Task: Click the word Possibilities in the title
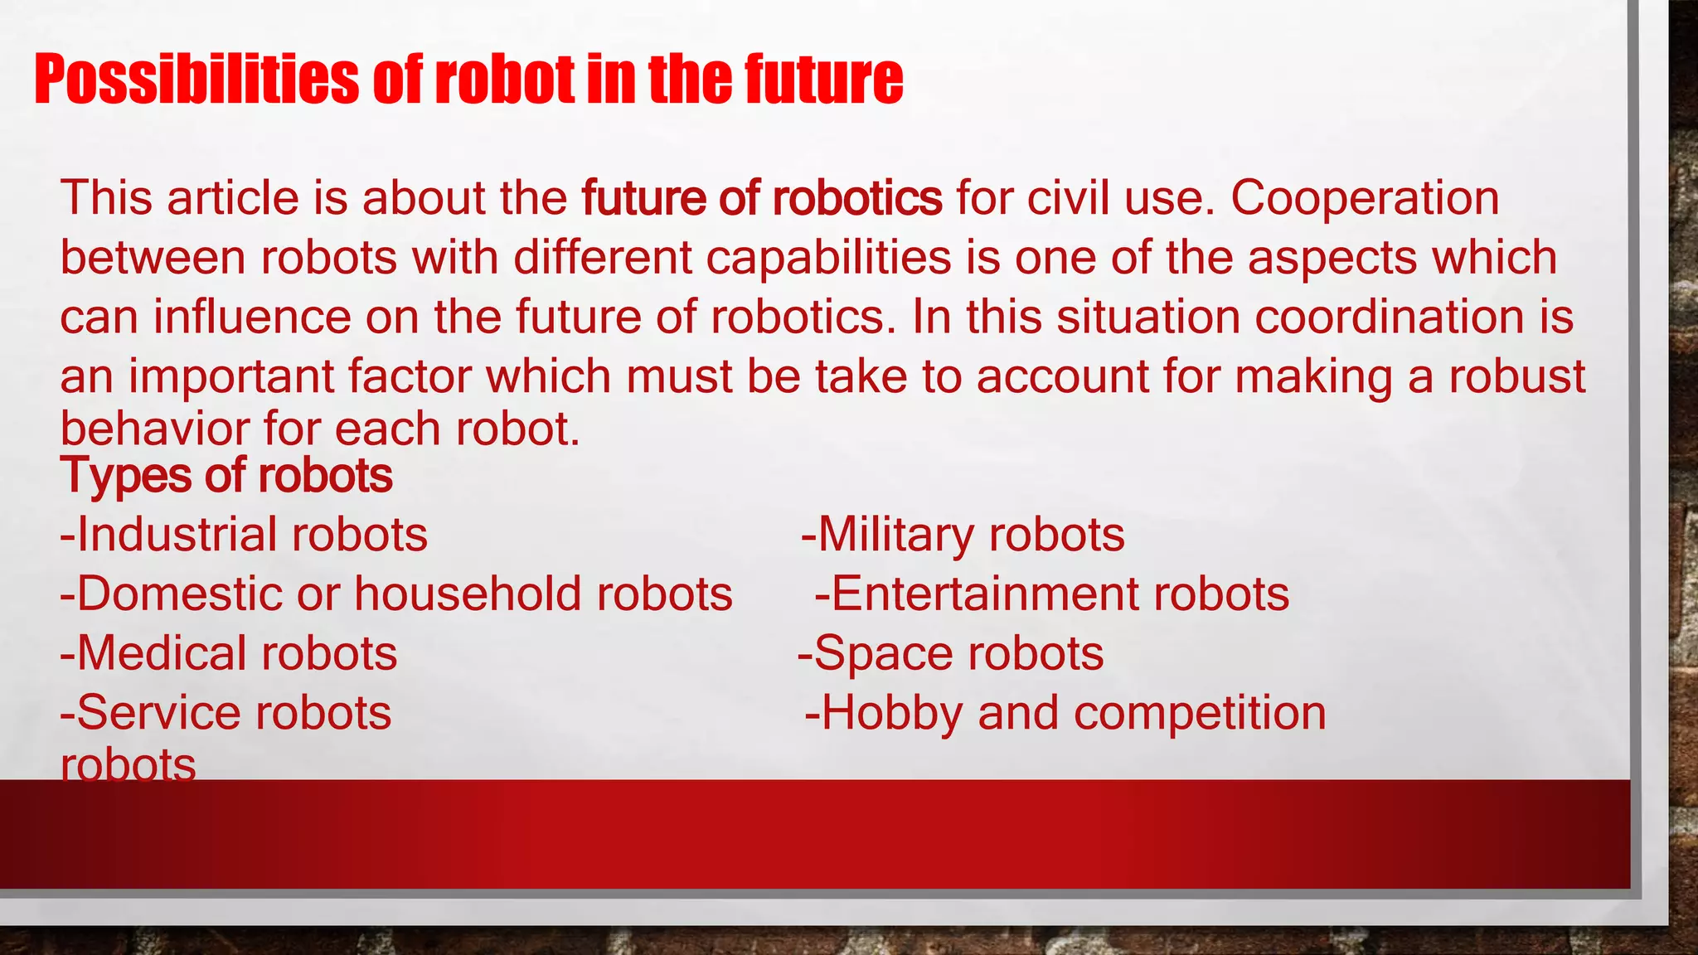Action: (196, 80)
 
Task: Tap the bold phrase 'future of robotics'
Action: (761, 199)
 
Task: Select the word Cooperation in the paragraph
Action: (1365, 199)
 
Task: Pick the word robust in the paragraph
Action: (1516, 376)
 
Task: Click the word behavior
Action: (154, 429)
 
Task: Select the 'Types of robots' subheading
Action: (226, 476)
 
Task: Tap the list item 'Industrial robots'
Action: (245, 535)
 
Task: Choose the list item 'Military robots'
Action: (963, 535)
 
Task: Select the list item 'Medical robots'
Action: (229, 654)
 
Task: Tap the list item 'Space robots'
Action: (951, 654)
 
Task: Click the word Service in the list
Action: (150, 713)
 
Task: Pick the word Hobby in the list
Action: (892, 713)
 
